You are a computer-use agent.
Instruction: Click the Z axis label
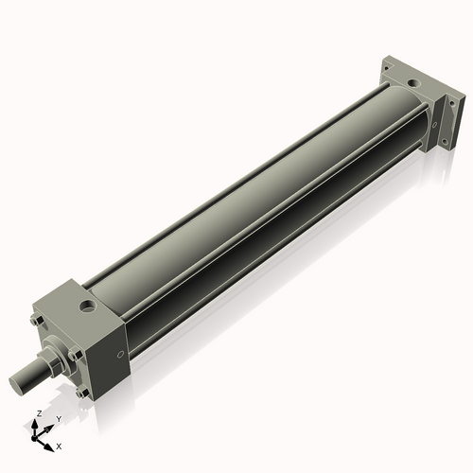tap(40, 413)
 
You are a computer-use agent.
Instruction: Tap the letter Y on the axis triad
tap(59, 419)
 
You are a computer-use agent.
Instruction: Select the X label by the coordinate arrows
tap(59, 447)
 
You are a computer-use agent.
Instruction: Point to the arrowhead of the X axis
tap(49, 447)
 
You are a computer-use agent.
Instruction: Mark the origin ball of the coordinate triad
tap(34, 438)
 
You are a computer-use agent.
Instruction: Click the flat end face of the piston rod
tap(15, 384)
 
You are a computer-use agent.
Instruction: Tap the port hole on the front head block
tap(88, 306)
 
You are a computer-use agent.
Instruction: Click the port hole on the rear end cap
tap(413, 83)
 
